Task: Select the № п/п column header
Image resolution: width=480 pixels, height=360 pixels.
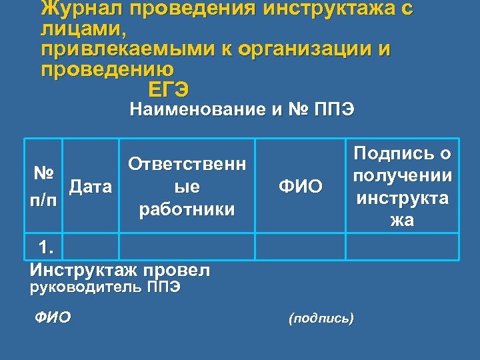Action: (44, 187)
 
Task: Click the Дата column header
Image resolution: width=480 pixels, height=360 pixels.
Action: (90, 186)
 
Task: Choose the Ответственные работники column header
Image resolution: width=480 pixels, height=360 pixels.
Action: (187, 187)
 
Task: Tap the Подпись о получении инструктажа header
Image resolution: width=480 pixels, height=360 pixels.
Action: (403, 187)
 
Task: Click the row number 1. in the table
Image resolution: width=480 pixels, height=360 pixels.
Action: (47, 247)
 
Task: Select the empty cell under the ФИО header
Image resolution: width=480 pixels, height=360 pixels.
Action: (300, 245)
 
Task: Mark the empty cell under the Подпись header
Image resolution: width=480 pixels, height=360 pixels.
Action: (403, 245)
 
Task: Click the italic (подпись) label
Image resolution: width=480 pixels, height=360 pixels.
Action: (321, 318)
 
